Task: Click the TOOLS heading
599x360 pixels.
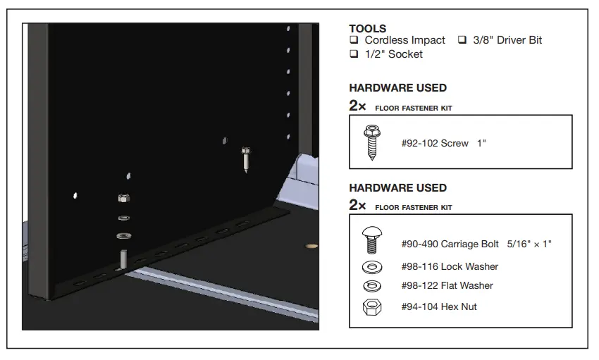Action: (367, 29)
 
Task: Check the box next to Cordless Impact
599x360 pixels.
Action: (354, 41)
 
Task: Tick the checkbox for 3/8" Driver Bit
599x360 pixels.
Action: (463, 41)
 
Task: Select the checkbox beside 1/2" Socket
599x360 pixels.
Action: (354, 54)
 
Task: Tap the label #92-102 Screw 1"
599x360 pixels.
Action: (443, 143)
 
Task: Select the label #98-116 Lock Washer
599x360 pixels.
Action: (450, 266)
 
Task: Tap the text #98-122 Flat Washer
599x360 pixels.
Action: (447, 285)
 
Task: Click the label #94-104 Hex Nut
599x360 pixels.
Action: (439, 306)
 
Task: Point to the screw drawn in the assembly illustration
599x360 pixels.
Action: (245, 161)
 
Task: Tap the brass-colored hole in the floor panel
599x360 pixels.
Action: (308, 247)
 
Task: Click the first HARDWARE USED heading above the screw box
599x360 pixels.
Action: (397, 88)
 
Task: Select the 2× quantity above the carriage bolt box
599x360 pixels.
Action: (357, 205)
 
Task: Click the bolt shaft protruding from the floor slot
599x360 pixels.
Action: (123, 259)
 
